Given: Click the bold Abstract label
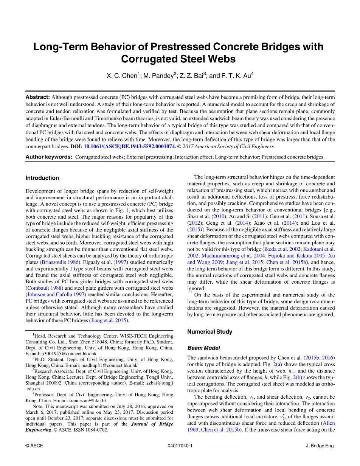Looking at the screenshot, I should point(37,97).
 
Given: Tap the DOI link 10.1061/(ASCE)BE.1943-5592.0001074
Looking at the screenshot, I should point(129,146).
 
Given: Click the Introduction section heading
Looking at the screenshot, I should point(42,178).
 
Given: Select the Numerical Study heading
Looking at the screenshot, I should point(209,332).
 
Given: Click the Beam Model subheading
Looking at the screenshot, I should point(203,348).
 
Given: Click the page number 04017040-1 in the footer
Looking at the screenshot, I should point(180,446).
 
